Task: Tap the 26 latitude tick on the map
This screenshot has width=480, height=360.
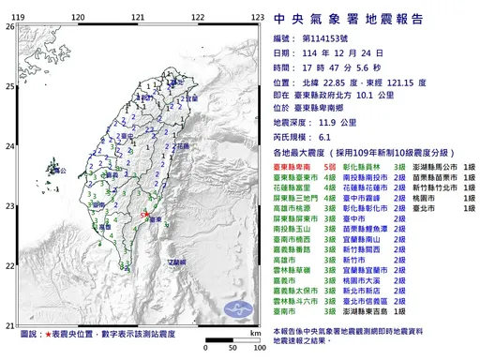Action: coord(9,26)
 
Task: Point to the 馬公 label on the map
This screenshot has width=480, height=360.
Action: coord(37,175)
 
